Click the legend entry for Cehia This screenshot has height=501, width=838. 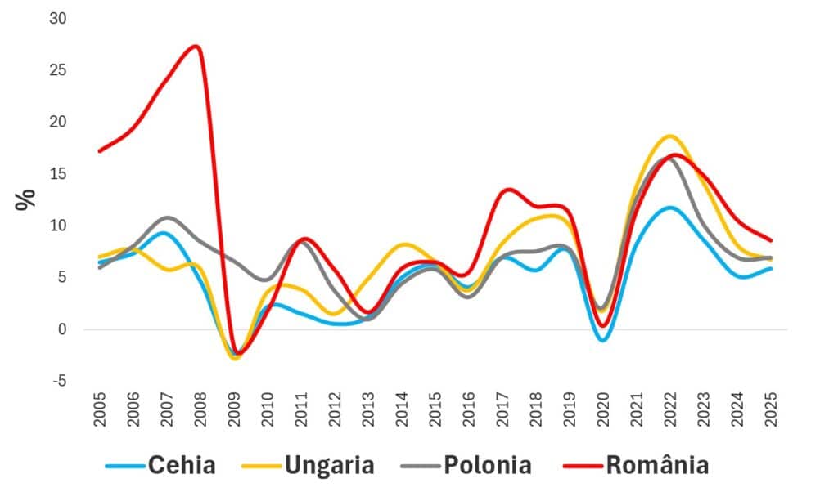(181, 466)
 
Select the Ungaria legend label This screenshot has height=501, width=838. (329, 466)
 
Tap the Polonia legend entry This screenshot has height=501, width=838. (487, 466)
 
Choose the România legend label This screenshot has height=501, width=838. (657, 466)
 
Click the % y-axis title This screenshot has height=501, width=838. (26, 199)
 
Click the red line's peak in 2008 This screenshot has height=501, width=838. (195, 46)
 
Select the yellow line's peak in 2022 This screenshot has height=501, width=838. (670, 136)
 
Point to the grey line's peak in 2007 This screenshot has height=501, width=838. (166, 217)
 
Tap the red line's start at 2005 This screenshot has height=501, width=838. (99, 151)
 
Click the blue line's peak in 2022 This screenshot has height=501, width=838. (670, 208)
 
